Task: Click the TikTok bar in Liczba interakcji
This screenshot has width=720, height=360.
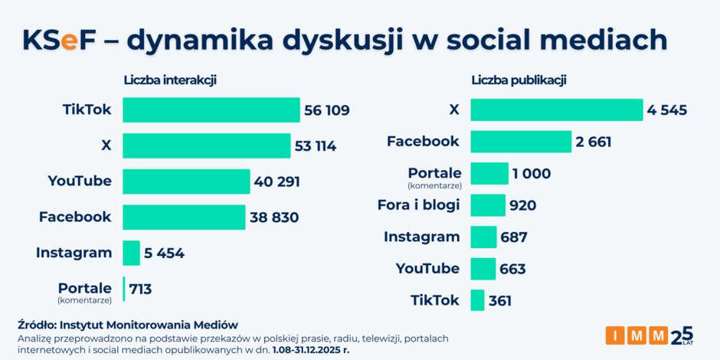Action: [211, 110]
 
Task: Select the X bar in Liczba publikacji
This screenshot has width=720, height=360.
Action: [556, 110]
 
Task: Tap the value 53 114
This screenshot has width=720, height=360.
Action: [315, 146]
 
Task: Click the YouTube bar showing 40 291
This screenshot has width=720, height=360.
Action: [186, 182]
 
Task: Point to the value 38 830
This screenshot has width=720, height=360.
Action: [274, 218]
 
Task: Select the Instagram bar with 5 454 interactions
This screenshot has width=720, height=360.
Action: [131, 253]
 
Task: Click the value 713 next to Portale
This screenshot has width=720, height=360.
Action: [140, 289]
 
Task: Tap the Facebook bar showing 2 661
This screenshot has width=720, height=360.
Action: [521, 142]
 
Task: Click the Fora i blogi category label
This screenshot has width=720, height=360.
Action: [418, 205]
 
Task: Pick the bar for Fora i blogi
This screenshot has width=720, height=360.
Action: [488, 205]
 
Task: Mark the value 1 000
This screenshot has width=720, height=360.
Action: [531, 174]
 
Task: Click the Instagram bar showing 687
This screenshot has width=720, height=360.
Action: [483, 237]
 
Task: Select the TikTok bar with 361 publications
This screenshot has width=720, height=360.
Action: [477, 300]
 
